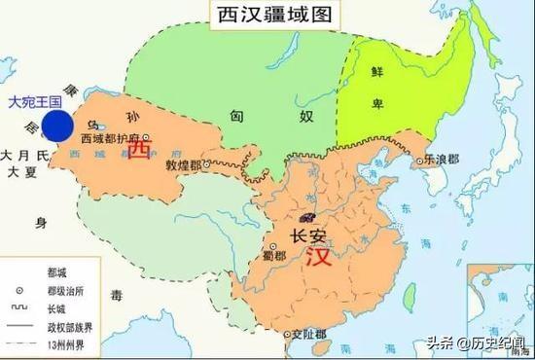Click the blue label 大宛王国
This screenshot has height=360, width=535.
tap(34, 101)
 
